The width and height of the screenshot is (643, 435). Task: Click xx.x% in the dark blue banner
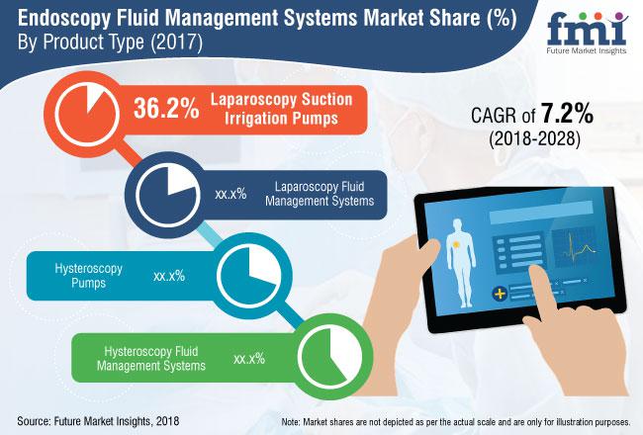(229, 192)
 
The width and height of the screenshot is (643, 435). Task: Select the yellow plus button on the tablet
(499, 294)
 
